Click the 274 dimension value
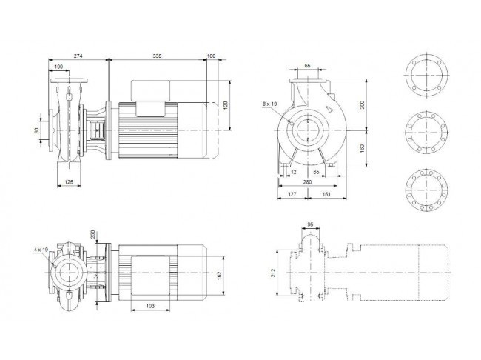(78, 56)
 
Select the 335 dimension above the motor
(157, 56)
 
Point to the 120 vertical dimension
(226, 106)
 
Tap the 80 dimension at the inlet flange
(37, 130)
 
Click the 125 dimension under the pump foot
(69, 182)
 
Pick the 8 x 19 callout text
(269, 104)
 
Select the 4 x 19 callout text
(41, 250)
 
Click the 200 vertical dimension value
(363, 104)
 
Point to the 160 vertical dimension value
(363, 149)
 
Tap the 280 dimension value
(307, 182)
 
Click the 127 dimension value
(292, 194)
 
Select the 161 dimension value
(326, 194)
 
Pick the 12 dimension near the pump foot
(294, 172)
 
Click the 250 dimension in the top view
(92, 234)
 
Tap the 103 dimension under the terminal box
(150, 306)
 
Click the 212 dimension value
(274, 273)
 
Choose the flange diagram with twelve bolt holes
(426, 189)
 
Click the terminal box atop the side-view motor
(151, 90)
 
